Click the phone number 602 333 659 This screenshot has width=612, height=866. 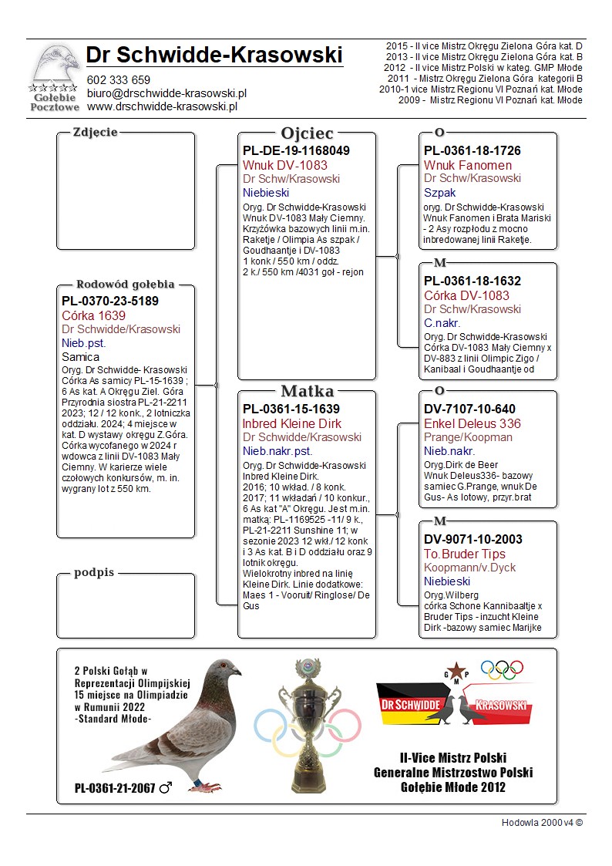click(118, 80)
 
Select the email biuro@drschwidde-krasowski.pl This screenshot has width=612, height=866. click(166, 93)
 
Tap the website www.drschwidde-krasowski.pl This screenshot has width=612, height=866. click(161, 106)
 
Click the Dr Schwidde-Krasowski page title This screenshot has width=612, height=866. click(214, 55)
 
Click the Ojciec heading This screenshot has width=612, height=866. click(307, 133)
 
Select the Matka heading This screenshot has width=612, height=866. click(307, 391)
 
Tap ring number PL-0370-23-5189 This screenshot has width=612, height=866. click(109, 301)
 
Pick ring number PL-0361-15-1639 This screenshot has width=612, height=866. click(291, 409)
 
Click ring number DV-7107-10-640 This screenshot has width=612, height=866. click(469, 409)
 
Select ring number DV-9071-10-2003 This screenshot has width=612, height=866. click(472, 540)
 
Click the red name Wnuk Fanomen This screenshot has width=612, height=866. click(467, 165)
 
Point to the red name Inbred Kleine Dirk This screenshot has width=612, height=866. click(291, 423)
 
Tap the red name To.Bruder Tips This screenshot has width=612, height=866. click(465, 554)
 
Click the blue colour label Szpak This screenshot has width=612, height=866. click(439, 193)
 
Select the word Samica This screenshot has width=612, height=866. click(80, 357)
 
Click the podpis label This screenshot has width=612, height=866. click(94, 573)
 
